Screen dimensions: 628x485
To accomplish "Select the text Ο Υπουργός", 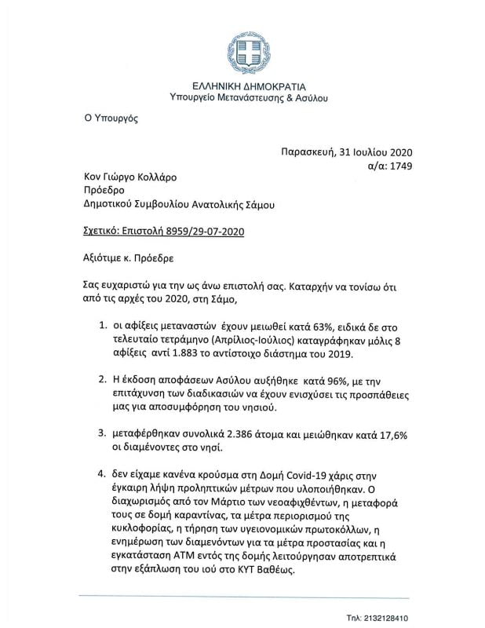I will [111, 119].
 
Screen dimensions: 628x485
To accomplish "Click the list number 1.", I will [103, 324].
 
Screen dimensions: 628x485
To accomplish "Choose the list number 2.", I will [103, 379].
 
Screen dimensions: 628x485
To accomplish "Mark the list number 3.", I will [103, 433].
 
